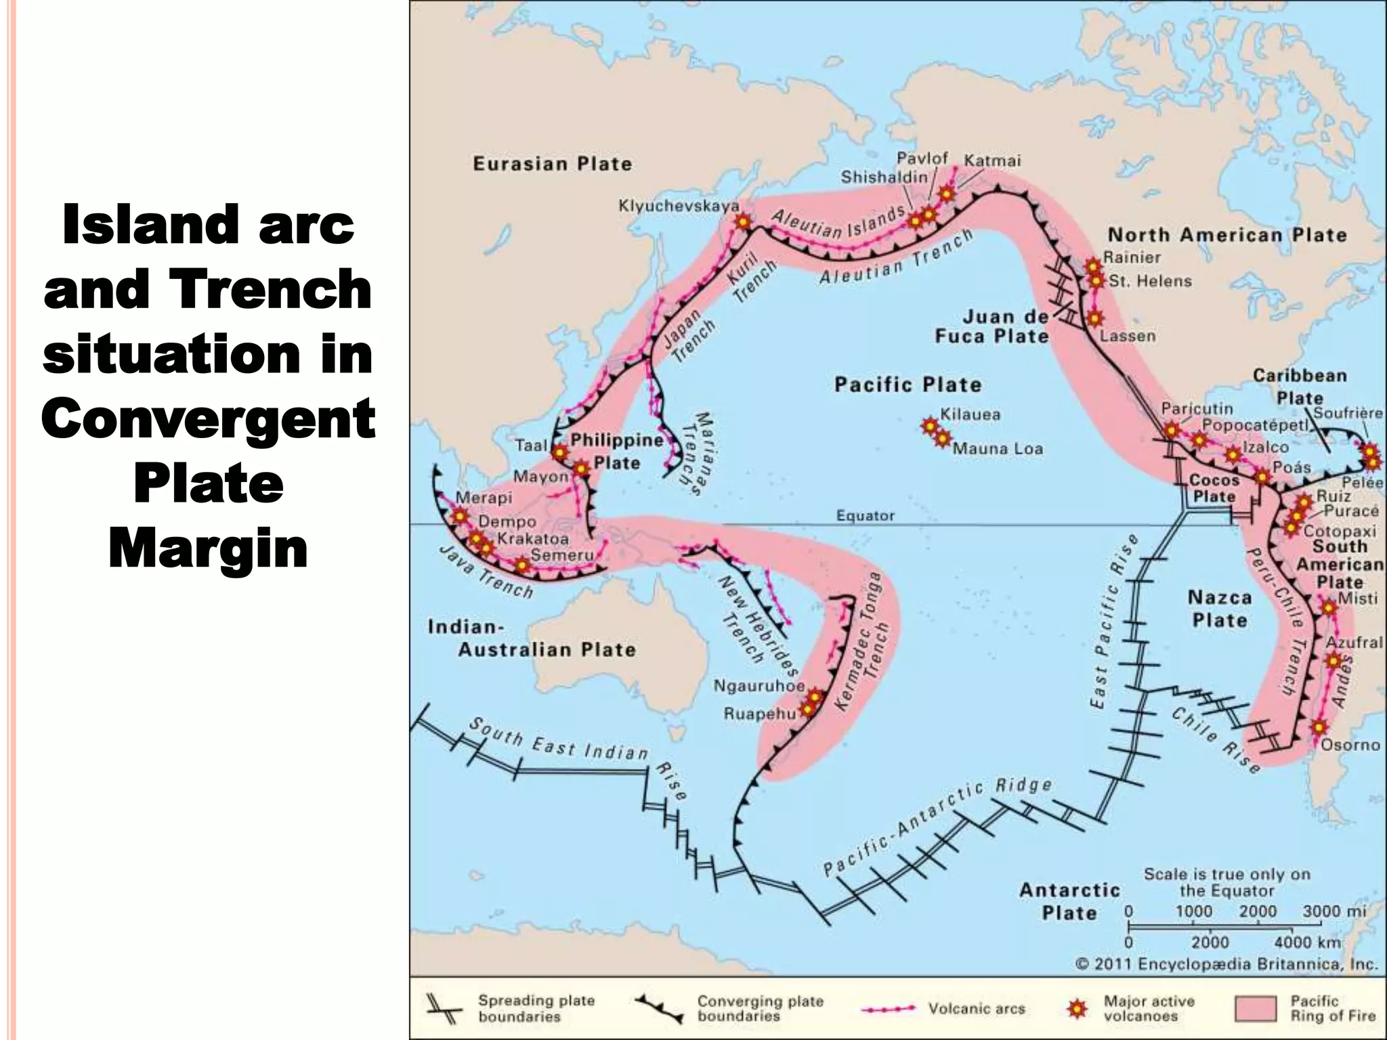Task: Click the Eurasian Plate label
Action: (x=552, y=164)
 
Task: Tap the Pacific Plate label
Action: (x=908, y=385)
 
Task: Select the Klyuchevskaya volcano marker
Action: (x=744, y=221)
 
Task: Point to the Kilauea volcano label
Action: (x=970, y=414)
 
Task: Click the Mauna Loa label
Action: (x=998, y=448)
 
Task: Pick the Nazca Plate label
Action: (x=1219, y=609)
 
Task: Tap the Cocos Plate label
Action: (x=1214, y=488)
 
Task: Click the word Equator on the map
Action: (x=866, y=516)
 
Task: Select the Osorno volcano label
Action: (x=1350, y=745)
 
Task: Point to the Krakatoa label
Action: (x=533, y=539)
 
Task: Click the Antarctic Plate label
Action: (x=1069, y=901)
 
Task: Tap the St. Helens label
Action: (x=1150, y=281)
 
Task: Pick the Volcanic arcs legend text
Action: (x=976, y=1009)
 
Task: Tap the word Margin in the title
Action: (x=208, y=549)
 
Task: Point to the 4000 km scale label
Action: (x=1307, y=942)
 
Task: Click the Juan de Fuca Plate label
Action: (x=992, y=326)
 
